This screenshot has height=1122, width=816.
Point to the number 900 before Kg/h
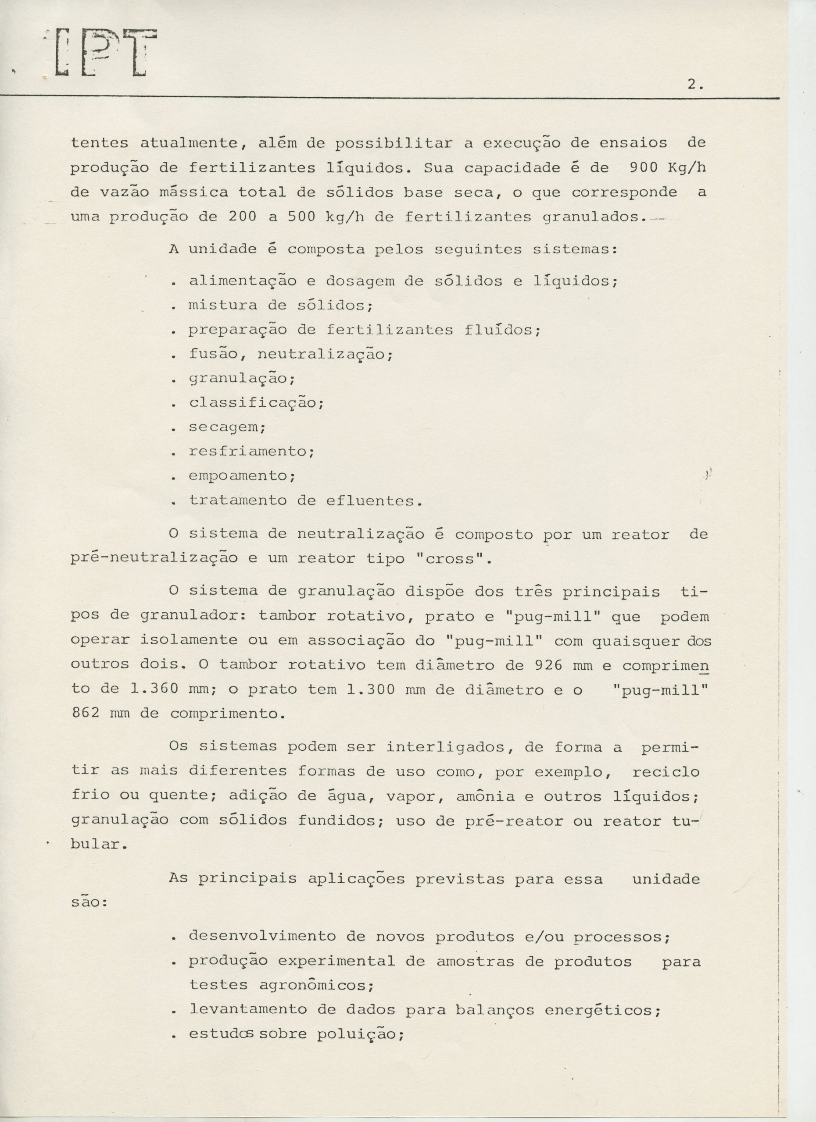click(x=643, y=168)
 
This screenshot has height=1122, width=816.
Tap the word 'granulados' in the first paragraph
click(x=600, y=217)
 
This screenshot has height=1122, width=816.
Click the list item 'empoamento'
click(x=241, y=476)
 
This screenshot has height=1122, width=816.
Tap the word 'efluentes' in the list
click(x=374, y=501)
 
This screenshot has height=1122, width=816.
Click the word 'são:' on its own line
click(x=89, y=902)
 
